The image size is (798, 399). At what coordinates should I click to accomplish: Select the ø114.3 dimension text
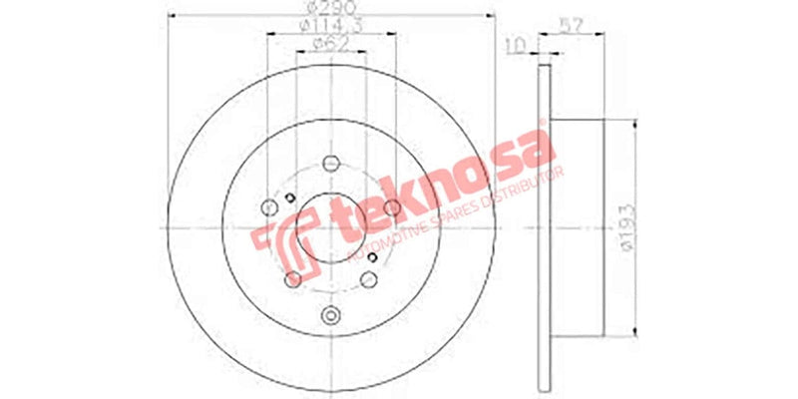[x=330, y=26]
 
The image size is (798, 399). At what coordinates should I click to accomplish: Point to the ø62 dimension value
[x=330, y=43]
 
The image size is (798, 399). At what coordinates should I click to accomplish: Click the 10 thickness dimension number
[x=516, y=44]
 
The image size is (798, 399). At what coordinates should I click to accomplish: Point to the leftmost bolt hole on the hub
[x=267, y=207]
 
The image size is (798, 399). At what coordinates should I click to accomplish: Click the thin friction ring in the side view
[x=543, y=229]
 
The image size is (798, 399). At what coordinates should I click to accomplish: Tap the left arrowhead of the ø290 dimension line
[x=170, y=14]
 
